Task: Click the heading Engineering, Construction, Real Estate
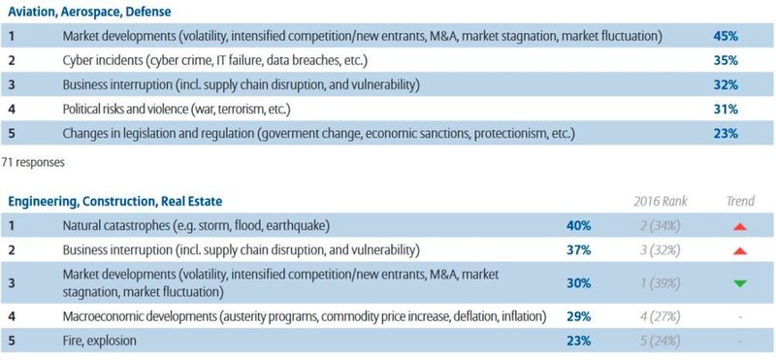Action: (114, 202)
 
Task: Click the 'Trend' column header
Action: (740, 202)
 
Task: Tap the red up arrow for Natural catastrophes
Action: (740, 226)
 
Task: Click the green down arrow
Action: (740, 283)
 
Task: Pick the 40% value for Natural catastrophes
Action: (579, 226)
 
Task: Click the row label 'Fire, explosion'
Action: (99, 341)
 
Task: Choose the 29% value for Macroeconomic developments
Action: (579, 316)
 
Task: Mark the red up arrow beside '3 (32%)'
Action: (740, 250)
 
